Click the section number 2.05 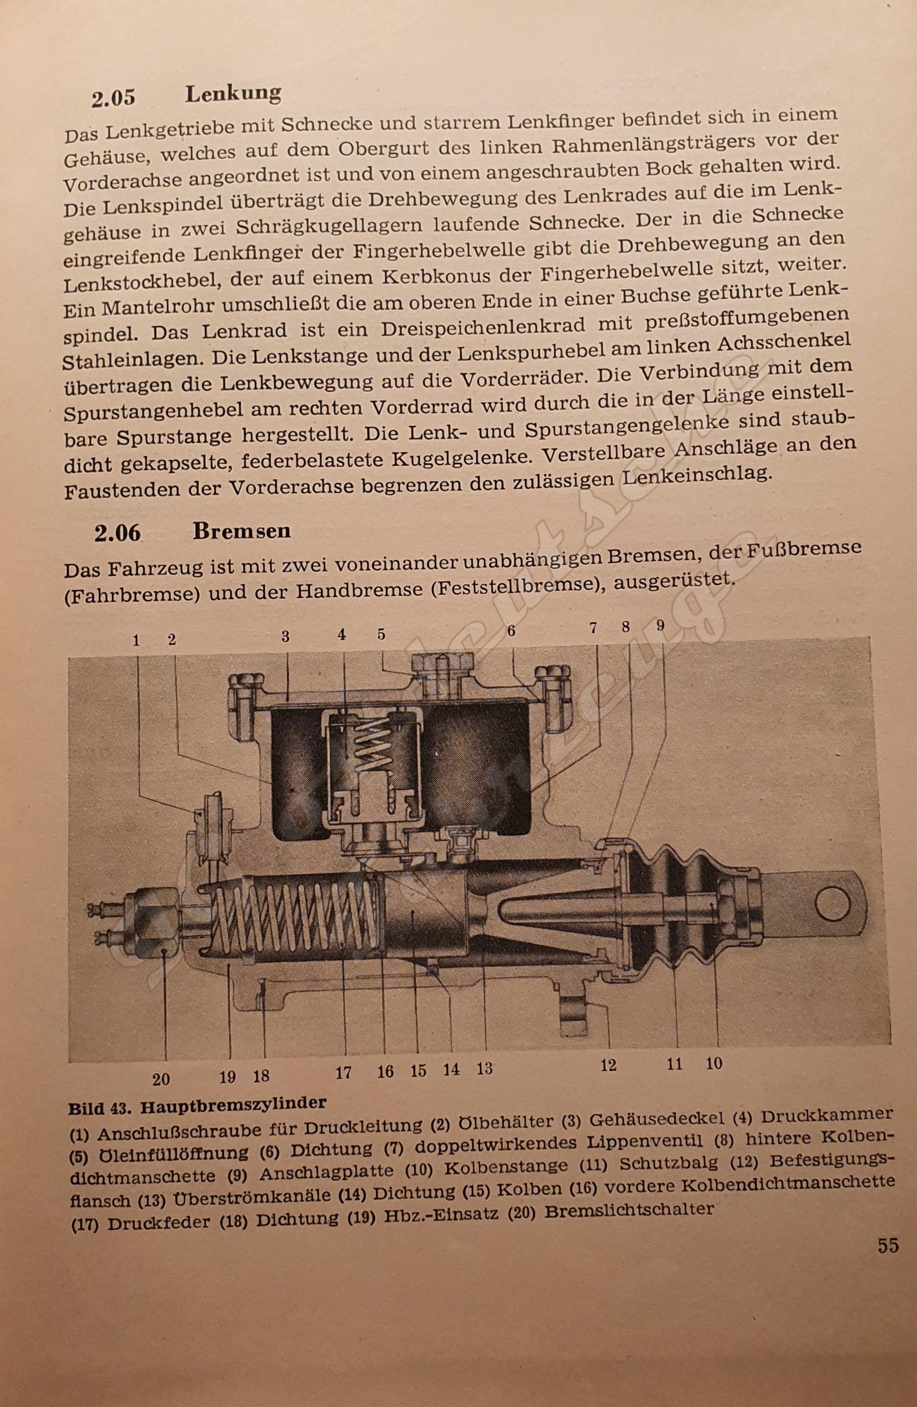113,98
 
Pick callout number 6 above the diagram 511,631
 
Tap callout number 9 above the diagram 660,625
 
